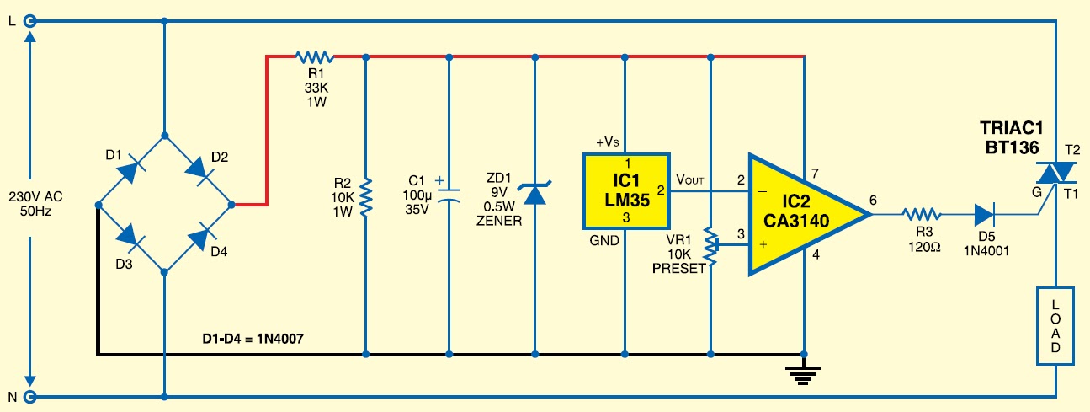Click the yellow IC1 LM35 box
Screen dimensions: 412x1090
pos(626,191)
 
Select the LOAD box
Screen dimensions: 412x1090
pos(1055,324)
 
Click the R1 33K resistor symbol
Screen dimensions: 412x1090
pos(315,57)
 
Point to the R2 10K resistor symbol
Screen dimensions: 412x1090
pos(366,196)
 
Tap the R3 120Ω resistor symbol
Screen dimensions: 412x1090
pos(919,214)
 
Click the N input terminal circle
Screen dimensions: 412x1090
pos(30,396)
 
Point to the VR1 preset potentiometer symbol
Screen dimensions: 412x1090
pos(712,244)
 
